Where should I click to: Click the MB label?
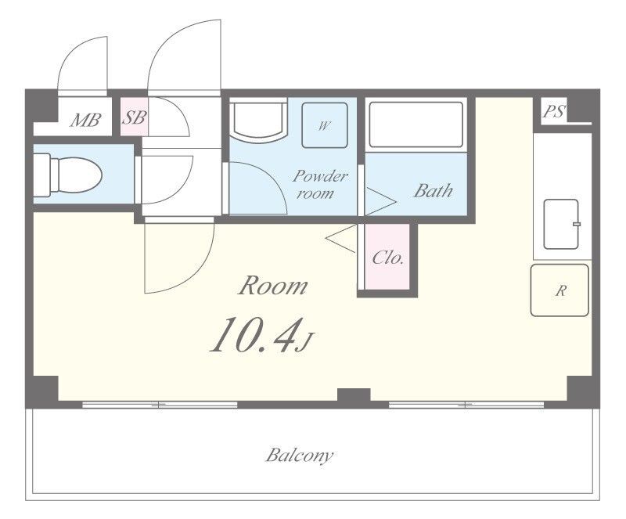coord(85,120)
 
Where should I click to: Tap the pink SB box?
coord(134,117)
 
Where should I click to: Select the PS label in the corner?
coord(554,110)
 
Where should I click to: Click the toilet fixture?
coord(67,175)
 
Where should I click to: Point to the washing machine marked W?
coord(324,125)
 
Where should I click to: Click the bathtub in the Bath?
coord(416,124)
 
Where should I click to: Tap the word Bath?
coord(434,190)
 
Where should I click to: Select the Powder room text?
coord(320,184)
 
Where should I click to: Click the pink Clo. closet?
coord(387,257)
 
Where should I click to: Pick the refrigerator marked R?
coord(559,290)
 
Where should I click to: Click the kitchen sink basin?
coord(561,224)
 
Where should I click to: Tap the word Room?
coord(273,286)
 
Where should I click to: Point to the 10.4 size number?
coord(255,334)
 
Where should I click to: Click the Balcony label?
coord(300,456)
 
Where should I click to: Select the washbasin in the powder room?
coord(261,121)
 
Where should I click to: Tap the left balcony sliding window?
coord(160,405)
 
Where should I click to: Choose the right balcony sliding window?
coord(466,405)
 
